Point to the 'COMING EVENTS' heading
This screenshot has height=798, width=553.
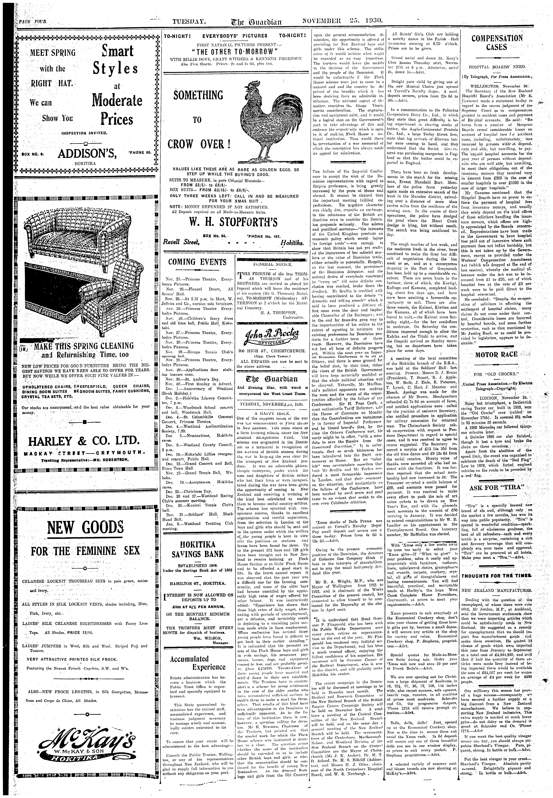[x=197, y=262]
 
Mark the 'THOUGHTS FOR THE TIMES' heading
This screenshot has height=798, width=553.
[x=496, y=575]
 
